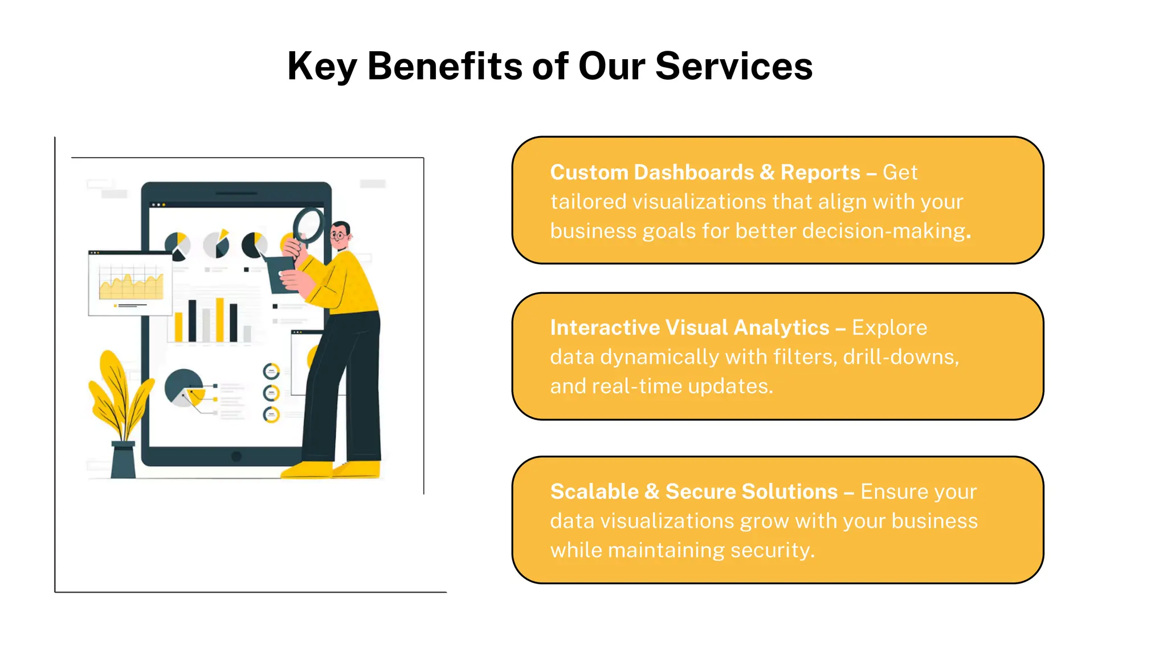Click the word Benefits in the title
[444, 66]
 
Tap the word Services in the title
[733, 66]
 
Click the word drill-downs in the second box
[900, 357]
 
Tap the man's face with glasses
[341, 235]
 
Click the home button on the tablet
[236, 456]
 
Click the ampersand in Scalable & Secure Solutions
[651, 492]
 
